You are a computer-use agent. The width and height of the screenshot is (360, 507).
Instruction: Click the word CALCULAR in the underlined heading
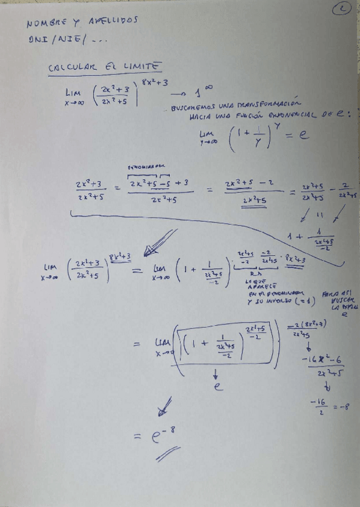tap(71, 69)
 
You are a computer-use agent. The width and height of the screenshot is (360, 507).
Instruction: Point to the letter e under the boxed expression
tap(218, 387)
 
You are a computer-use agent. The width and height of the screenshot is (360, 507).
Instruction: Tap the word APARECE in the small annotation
tap(257, 286)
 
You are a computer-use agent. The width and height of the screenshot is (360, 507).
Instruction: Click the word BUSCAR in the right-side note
tap(340, 300)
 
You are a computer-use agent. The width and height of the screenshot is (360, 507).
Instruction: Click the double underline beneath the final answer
tap(167, 456)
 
